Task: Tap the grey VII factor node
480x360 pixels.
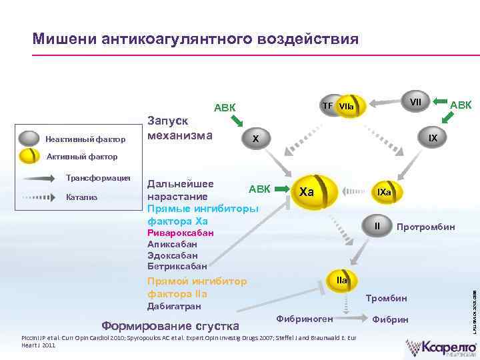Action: click(x=415, y=102)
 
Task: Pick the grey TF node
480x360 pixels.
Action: click(x=327, y=105)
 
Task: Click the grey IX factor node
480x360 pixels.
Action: click(x=433, y=138)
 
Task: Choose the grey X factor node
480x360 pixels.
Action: click(x=255, y=138)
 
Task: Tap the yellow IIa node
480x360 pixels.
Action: click(x=341, y=281)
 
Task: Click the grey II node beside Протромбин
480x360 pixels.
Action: click(x=377, y=226)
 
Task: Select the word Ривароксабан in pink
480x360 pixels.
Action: click(x=180, y=233)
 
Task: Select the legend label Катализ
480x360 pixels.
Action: click(x=82, y=197)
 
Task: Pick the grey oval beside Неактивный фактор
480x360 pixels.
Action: click(x=29, y=139)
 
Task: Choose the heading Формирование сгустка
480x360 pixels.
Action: click(x=170, y=326)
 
